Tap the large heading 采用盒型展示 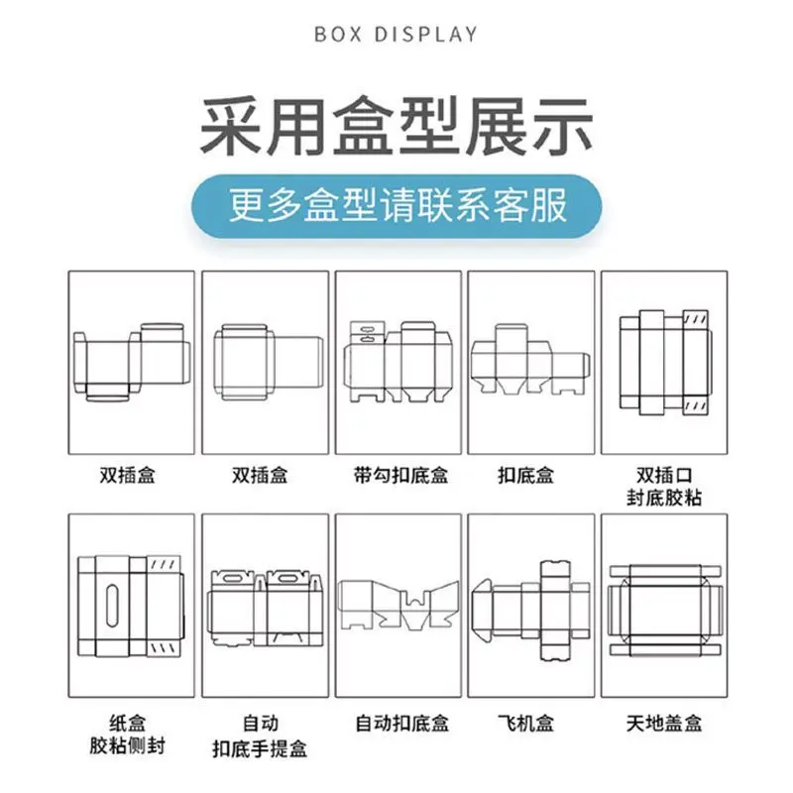pos(396,126)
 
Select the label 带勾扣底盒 pos(399,475)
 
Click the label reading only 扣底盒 pos(530,475)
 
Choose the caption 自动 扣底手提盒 pos(265,734)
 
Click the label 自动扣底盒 pos(399,723)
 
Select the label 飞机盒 pos(530,723)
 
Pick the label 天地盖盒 pos(663,723)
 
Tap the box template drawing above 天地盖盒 pos(663,607)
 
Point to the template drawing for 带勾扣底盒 pos(399,361)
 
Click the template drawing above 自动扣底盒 pos(397,605)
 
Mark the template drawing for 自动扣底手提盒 pos(265,607)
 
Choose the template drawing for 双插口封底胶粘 pos(662,362)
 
